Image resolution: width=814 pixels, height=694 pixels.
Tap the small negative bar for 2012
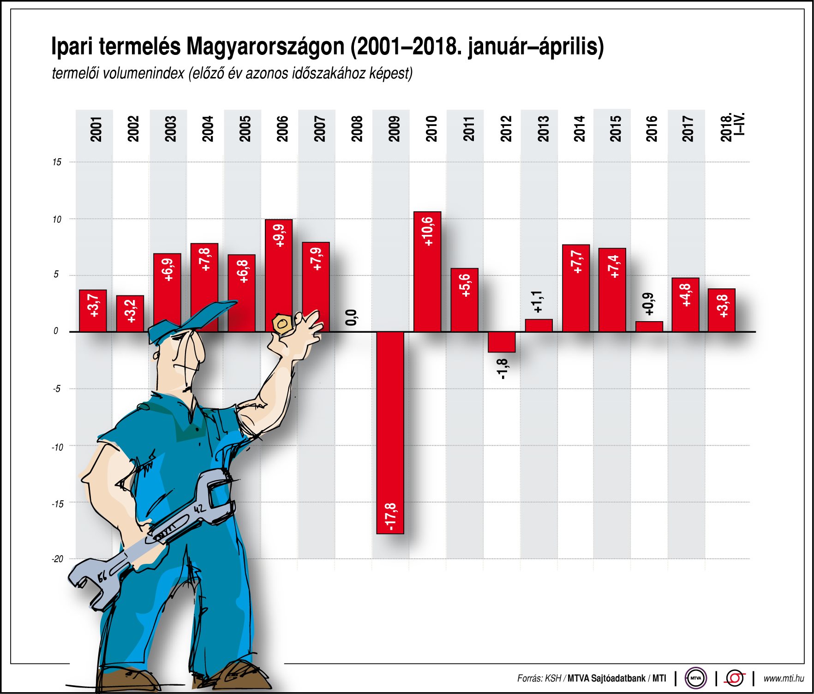click(x=502, y=342)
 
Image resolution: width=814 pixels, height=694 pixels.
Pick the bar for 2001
click(x=93, y=311)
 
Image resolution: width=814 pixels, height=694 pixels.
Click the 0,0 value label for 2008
click(x=351, y=317)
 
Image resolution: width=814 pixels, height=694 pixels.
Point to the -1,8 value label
click(x=503, y=369)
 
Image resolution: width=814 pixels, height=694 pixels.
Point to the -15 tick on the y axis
click(x=58, y=504)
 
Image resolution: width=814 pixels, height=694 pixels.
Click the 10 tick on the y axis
click(x=57, y=219)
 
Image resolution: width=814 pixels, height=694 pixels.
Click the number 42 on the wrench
click(x=199, y=509)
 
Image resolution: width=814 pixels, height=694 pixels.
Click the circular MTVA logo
click(x=696, y=678)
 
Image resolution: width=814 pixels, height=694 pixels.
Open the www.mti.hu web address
click(x=783, y=678)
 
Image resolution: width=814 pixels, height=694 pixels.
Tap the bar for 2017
click(x=685, y=305)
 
